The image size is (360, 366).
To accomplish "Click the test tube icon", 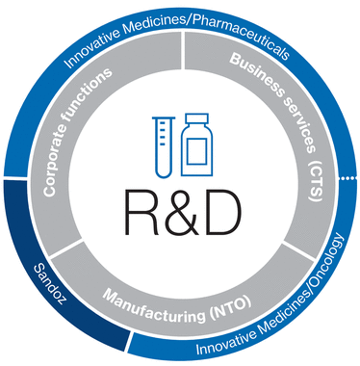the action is pos(164,146).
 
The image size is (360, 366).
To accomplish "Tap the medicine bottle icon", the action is pos(196,144).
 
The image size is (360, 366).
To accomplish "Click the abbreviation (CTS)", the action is pos(317,182).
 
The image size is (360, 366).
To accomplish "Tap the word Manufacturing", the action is pos(155,306).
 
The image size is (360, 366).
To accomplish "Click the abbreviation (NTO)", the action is pos(230,309).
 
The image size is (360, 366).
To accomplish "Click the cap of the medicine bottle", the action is pos(197,118).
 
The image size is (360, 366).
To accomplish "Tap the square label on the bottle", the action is pos(196,151).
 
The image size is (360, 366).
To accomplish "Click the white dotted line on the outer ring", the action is pos(348,177).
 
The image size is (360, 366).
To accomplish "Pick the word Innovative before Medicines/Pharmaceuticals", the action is pos(92,46).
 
